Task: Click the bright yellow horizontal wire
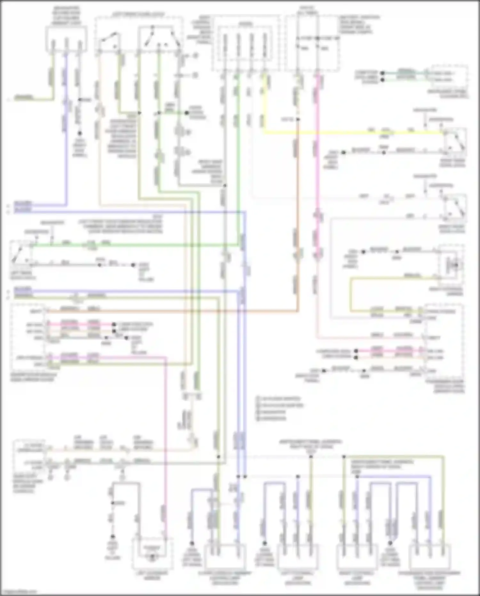pyautogui.click(x=352, y=132)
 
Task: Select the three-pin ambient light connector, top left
pyautogui.click(x=66, y=39)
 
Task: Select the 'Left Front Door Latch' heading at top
pyautogui.click(x=138, y=15)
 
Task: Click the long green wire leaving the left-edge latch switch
pyautogui.click(x=134, y=246)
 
